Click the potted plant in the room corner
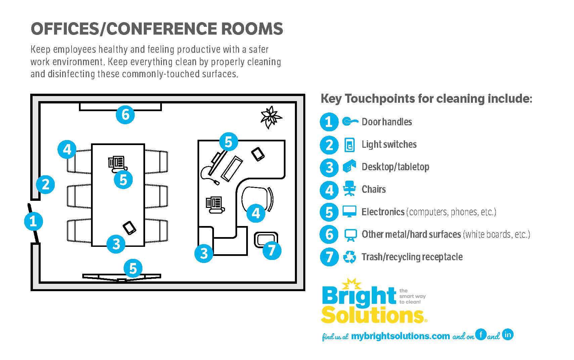click(x=271, y=117)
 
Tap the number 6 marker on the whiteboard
click(x=125, y=115)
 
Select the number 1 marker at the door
click(x=33, y=222)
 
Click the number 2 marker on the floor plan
click(x=46, y=184)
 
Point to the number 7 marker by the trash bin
click(x=272, y=251)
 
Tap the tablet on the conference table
click(x=129, y=228)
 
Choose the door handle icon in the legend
click(x=350, y=122)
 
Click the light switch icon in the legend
click(x=350, y=145)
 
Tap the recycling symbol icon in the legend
click(x=349, y=257)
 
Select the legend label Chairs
click(x=373, y=189)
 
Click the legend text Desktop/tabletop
click(x=395, y=167)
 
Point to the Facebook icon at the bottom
click(x=481, y=334)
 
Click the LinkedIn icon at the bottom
click(x=507, y=334)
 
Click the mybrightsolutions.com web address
click(x=400, y=336)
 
